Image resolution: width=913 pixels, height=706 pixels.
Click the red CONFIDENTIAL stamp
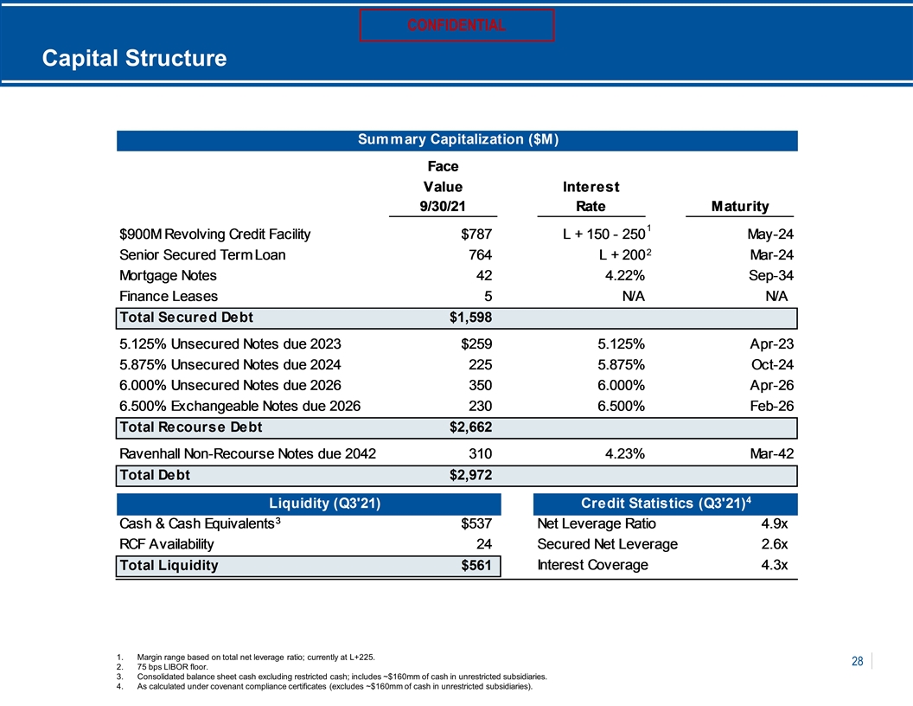(456, 25)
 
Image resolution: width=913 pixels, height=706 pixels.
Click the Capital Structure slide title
(135, 58)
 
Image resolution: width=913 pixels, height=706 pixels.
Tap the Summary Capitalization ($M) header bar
(457, 140)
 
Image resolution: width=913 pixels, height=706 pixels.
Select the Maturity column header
(740, 206)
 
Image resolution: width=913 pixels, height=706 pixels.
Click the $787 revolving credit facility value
(476, 234)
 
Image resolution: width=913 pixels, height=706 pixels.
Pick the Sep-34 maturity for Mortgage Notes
(771, 275)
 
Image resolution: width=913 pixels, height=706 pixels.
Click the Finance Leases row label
(169, 297)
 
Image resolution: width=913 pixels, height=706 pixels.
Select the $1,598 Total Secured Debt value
(470, 318)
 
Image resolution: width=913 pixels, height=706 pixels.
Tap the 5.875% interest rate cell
(621, 364)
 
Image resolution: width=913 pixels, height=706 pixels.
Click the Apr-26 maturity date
(771, 386)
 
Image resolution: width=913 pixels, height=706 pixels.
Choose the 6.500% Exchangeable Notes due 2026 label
(239, 406)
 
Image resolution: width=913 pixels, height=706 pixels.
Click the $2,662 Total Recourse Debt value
(470, 427)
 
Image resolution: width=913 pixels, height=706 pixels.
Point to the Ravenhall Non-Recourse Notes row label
(247, 453)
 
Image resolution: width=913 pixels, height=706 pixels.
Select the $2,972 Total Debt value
(470, 475)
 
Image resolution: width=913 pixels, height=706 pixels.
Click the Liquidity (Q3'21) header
(325, 504)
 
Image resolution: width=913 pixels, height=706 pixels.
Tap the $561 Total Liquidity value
(476, 566)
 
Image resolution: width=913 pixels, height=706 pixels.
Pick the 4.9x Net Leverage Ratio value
(775, 523)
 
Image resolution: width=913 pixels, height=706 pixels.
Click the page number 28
(857, 661)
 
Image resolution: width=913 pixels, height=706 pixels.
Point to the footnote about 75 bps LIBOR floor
(163, 667)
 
